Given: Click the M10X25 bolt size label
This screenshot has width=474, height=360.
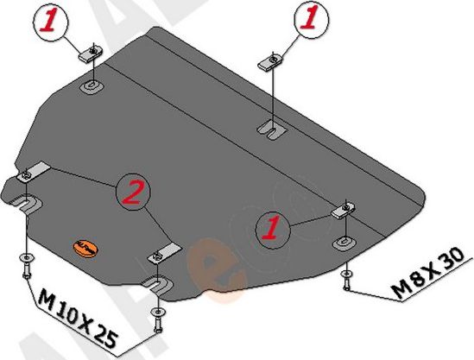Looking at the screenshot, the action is pyautogui.click(x=78, y=318).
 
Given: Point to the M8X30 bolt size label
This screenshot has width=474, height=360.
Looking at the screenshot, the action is pyautogui.click(x=427, y=273).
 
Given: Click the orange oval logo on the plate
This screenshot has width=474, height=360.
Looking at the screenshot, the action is pyautogui.click(x=85, y=249).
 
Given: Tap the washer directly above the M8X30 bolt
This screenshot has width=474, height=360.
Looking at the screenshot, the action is pyautogui.click(x=346, y=274).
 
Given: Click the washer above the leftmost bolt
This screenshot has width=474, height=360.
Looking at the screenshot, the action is pyautogui.click(x=27, y=258).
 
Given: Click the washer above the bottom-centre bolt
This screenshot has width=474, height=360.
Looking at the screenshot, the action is pyautogui.click(x=157, y=312).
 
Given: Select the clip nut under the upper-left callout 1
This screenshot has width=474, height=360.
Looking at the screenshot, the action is pyautogui.click(x=91, y=54).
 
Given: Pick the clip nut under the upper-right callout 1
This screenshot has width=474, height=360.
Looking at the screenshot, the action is pyautogui.click(x=270, y=62).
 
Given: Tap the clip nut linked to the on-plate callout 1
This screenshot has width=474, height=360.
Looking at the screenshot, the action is pyautogui.click(x=343, y=211).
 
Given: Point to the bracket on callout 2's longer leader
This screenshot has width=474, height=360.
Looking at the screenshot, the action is pyautogui.click(x=33, y=173).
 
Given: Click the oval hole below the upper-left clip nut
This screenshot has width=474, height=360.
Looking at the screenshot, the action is pyautogui.click(x=92, y=86).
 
